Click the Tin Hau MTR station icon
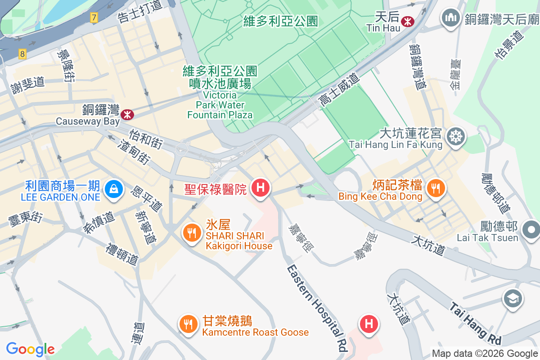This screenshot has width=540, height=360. (408, 21)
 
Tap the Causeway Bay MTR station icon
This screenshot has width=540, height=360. (128, 115)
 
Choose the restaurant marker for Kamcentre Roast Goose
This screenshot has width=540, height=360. (189, 324)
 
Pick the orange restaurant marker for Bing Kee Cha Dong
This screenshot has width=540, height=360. (435, 188)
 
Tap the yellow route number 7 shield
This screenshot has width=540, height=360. (93, 18)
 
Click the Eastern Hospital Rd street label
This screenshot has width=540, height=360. (318, 308)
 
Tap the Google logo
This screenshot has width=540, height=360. (30, 349)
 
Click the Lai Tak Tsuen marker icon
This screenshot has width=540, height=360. (532, 229)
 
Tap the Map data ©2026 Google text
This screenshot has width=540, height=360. (485, 354)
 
